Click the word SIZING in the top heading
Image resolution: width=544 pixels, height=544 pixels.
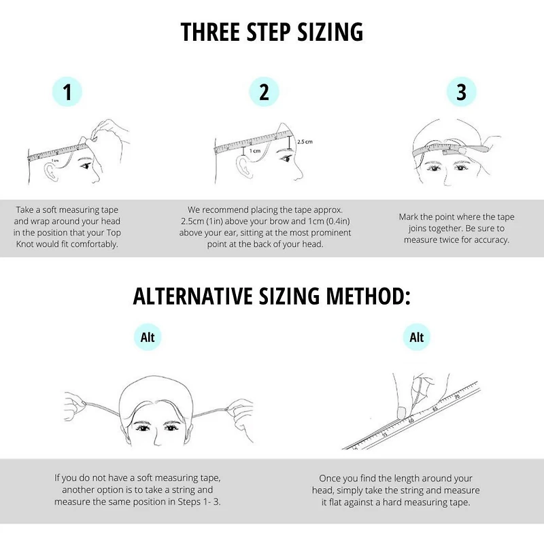pyautogui.click(x=330, y=32)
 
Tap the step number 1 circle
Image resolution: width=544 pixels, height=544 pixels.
pyautogui.click(x=67, y=92)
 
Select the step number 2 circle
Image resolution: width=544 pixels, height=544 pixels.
pyautogui.click(x=264, y=92)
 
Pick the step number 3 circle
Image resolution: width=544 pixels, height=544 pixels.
pyautogui.click(x=462, y=92)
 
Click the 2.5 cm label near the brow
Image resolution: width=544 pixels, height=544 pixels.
pyautogui.click(x=305, y=141)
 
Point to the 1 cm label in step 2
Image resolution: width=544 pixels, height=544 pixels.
pyautogui.click(x=254, y=151)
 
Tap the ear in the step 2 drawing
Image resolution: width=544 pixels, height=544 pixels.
pyautogui.click(x=244, y=167)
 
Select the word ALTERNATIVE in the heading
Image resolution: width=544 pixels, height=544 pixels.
pyautogui.click(x=192, y=296)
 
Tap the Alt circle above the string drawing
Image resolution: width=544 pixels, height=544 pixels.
pyautogui.click(x=148, y=337)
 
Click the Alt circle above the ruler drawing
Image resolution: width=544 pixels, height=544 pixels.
pyautogui.click(x=416, y=337)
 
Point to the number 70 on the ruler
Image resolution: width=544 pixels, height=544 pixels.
pyautogui.click(x=457, y=397)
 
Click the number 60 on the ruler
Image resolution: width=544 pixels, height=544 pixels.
pyautogui.click(x=411, y=420)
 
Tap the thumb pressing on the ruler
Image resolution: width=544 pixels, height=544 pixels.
pyautogui.click(x=401, y=411)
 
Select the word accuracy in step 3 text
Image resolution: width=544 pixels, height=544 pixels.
pyautogui.click(x=491, y=240)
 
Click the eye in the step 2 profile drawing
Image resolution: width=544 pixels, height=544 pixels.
pyautogui.click(x=286, y=159)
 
